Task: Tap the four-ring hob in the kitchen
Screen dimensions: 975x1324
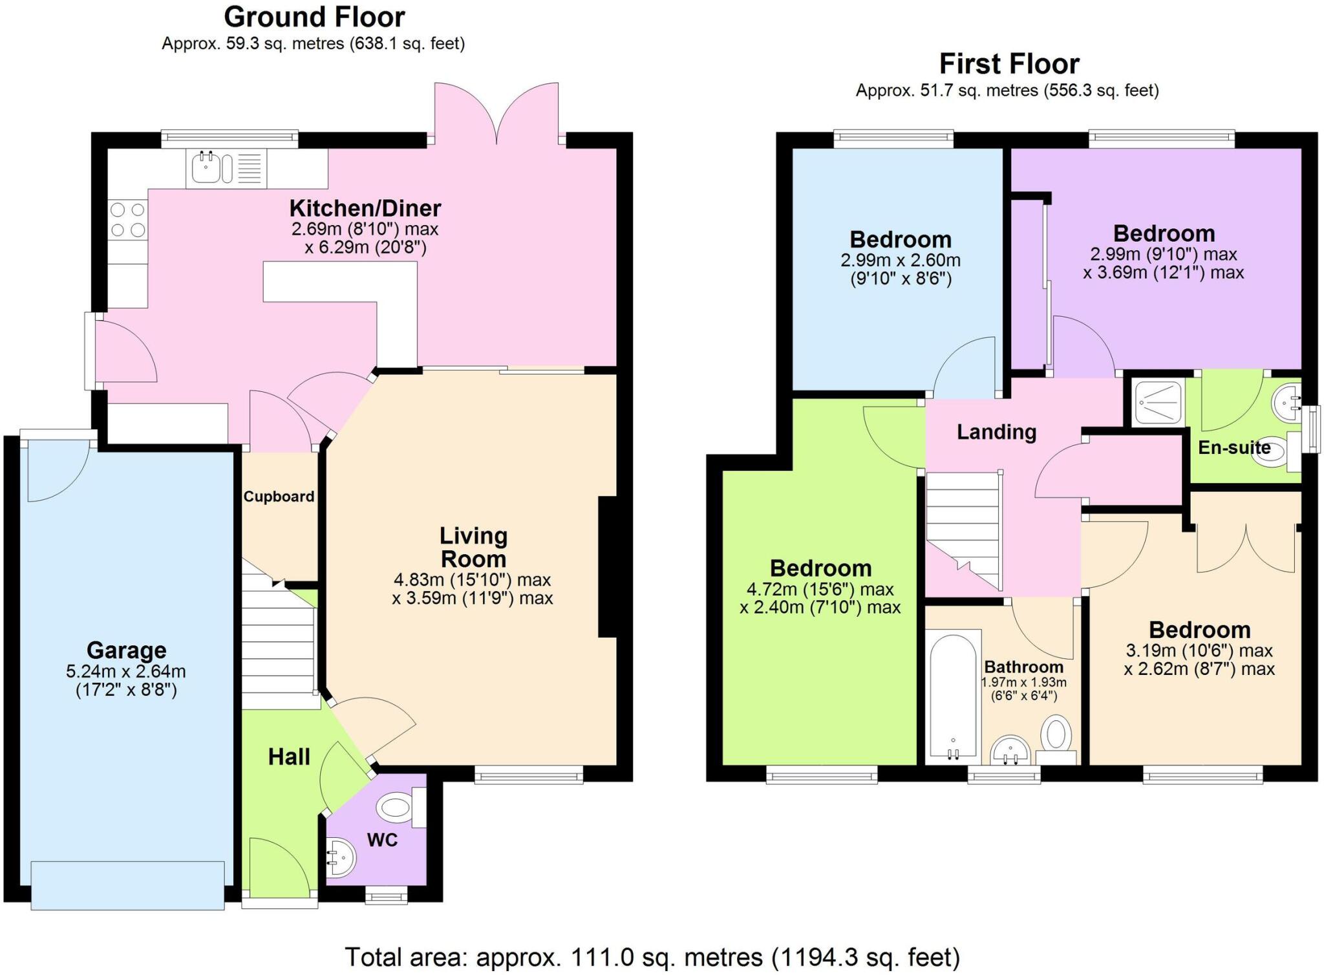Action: [x=128, y=220]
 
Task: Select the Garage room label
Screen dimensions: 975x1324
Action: [x=127, y=650]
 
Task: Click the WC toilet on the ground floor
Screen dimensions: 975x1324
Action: [x=396, y=807]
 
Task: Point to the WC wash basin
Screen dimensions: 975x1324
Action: [x=340, y=857]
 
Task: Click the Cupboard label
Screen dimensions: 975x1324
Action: [x=279, y=497]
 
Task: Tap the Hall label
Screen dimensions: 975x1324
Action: [x=289, y=756]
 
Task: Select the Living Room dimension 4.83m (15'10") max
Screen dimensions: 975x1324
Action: [x=472, y=579]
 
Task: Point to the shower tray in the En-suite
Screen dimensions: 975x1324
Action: [x=1158, y=402]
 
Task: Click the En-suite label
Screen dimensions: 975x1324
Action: [x=1233, y=447]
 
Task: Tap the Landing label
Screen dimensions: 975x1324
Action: [x=996, y=432]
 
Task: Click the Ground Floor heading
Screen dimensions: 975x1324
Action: [x=314, y=17]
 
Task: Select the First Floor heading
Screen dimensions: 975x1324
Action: [x=1009, y=64]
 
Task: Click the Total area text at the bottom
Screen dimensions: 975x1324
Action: [x=652, y=957]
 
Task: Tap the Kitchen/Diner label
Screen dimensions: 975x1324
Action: [x=365, y=208]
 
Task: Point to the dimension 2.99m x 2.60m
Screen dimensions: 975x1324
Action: [x=900, y=261]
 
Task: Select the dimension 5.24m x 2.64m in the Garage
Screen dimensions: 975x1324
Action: [x=126, y=672]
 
